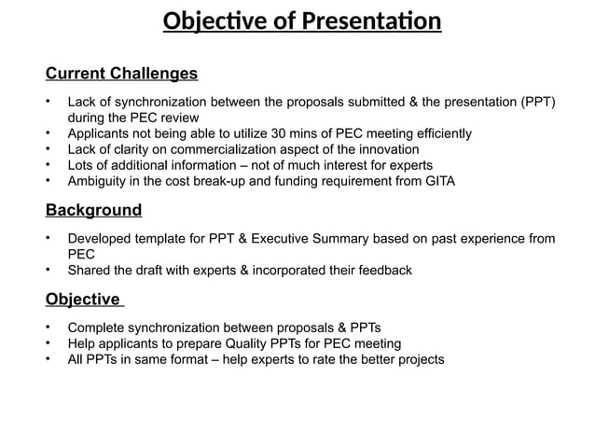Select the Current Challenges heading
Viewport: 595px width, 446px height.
121,73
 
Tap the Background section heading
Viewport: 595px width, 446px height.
93,210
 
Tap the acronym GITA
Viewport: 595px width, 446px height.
436,181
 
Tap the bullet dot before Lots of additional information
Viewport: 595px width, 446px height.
48,165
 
